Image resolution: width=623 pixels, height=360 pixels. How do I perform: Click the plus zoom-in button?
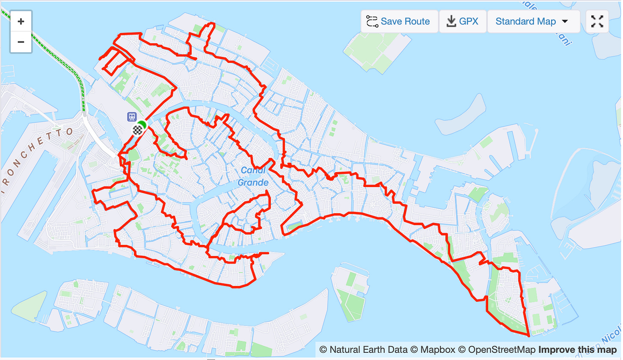click(x=21, y=21)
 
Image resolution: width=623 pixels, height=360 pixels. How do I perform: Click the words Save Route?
click(x=405, y=21)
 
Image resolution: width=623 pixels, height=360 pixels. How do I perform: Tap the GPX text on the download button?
click(x=469, y=21)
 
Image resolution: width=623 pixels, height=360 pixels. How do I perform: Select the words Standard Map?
click(x=525, y=21)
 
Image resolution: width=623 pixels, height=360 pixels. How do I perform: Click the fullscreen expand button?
click(x=597, y=21)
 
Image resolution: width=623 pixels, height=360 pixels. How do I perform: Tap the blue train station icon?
click(x=132, y=117)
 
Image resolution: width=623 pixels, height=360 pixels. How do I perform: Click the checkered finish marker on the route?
click(x=137, y=130)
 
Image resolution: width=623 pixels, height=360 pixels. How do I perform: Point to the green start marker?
click(x=143, y=125)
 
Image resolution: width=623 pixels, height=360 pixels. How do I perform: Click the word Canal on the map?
click(x=253, y=170)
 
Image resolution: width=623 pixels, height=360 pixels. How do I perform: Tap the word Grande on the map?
click(x=253, y=183)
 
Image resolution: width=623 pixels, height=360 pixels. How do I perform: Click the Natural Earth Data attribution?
click(x=364, y=350)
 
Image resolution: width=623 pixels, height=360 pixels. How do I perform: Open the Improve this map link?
click(x=577, y=350)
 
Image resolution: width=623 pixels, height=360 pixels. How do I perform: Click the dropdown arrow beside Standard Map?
click(x=565, y=21)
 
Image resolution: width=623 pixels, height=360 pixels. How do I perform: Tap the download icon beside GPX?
click(x=451, y=21)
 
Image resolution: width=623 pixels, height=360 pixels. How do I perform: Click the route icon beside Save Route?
click(x=372, y=21)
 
